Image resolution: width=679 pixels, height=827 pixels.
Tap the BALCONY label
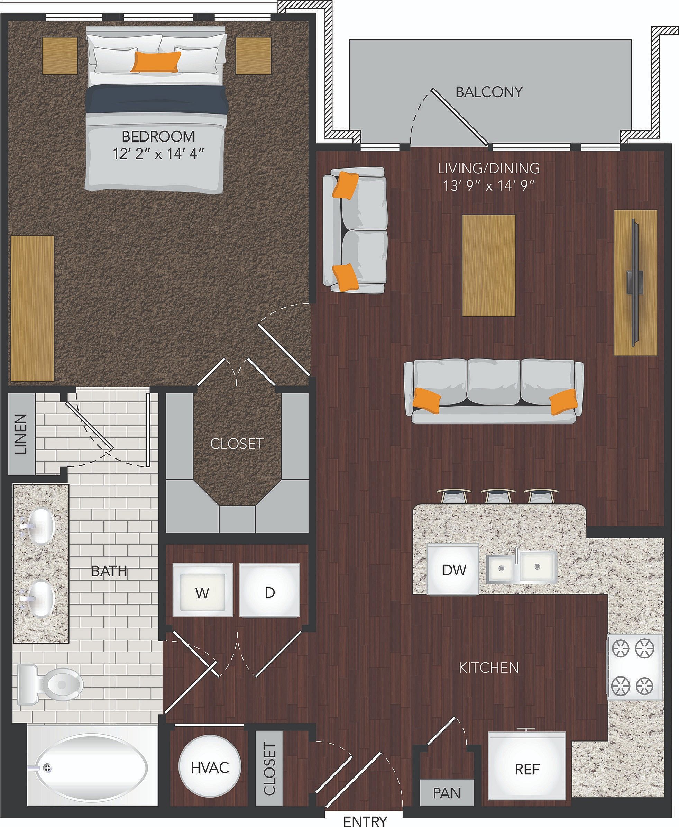point(489,92)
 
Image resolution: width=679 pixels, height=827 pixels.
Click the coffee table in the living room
point(488,265)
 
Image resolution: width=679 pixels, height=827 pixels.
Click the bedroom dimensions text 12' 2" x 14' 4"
point(158,154)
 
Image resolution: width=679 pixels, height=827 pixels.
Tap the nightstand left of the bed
point(60,56)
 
